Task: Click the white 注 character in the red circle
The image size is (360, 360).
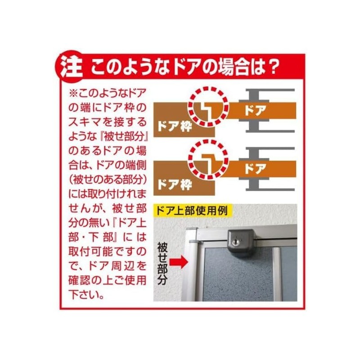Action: tap(71, 67)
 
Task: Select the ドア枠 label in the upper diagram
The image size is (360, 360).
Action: tap(175, 126)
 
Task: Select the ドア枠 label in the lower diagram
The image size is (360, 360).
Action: tap(175, 184)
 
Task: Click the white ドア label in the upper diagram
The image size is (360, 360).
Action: tap(255, 110)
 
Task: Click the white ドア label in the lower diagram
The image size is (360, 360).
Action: tap(255, 169)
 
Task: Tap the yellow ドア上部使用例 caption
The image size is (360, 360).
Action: tap(192, 211)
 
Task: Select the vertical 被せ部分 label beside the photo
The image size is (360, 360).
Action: tap(162, 264)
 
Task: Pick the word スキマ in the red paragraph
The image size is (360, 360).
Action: tap(84, 122)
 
